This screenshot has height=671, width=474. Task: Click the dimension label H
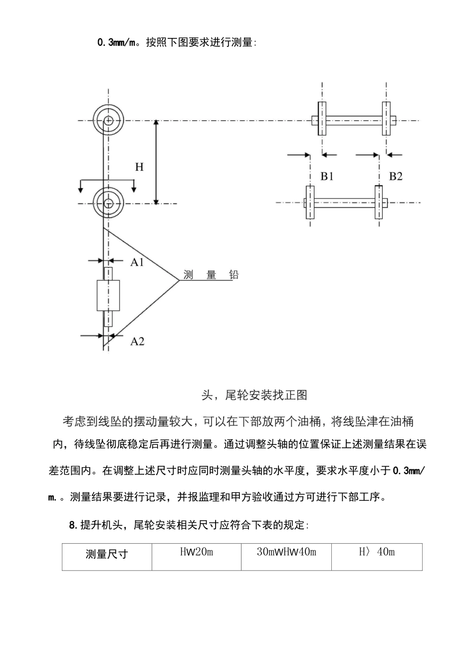pos(139,167)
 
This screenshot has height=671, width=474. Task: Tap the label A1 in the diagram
pos(137,262)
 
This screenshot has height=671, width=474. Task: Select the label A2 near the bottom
pos(137,341)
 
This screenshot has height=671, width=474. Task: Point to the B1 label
pos(327,176)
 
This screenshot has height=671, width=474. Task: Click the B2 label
pos(396,176)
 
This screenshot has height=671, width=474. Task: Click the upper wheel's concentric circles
pos(108,120)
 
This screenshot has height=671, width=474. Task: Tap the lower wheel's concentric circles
pos(108,203)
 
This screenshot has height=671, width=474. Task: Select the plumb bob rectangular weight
pos(108,296)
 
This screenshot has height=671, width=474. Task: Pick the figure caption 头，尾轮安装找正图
pos(254,395)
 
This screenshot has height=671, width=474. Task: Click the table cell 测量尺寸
pos(107,554)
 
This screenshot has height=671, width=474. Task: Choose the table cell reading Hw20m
pos(196,552)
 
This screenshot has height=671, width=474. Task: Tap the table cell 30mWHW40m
pos(286,552)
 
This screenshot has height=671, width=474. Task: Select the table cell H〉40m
pos(377,552)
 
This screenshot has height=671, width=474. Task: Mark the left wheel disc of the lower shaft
pos(310,202)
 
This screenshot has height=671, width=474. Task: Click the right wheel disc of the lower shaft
pos(379,202)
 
